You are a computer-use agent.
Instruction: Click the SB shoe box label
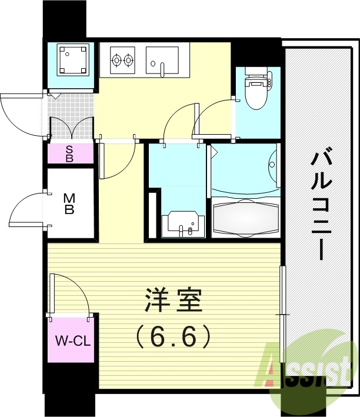pyautogui.click(x=69, y=154)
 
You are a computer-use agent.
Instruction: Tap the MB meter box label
pyautogui.click(x=69, y=203)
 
